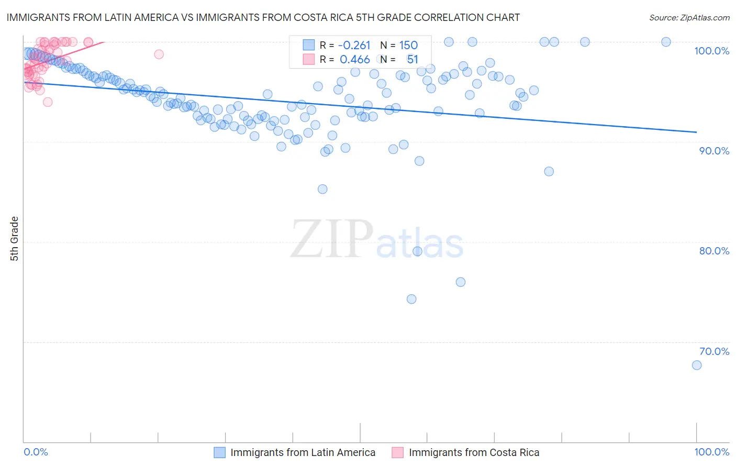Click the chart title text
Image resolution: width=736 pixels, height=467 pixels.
point(263,17)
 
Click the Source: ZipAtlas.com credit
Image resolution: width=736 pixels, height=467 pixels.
point(689,17)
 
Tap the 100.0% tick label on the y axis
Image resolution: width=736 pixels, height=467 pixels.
point(711,51)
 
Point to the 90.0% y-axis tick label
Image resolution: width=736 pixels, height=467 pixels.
point(714,151)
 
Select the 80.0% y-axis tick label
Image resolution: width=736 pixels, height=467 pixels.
point(714,251)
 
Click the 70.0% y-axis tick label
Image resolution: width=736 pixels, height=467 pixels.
point(714,351)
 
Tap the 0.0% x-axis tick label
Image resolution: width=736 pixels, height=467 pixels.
point(36,452)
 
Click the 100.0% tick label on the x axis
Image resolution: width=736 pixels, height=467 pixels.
point(711,452)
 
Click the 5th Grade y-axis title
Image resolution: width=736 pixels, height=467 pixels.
point(14,239)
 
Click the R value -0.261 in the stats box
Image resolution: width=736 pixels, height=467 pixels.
point(354,46)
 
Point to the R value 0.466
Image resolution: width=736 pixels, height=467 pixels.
point(354,60)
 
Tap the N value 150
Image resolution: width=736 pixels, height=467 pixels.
point(408,46)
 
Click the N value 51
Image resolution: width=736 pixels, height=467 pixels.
point(412,60)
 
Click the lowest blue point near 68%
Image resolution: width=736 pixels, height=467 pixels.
point(697,365)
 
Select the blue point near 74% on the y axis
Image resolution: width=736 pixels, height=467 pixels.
point(411,299)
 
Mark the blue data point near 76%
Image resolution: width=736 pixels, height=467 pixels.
point(461,282)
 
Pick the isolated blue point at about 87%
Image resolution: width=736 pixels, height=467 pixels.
point(549,171)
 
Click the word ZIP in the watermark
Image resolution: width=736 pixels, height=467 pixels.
point(331,239)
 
